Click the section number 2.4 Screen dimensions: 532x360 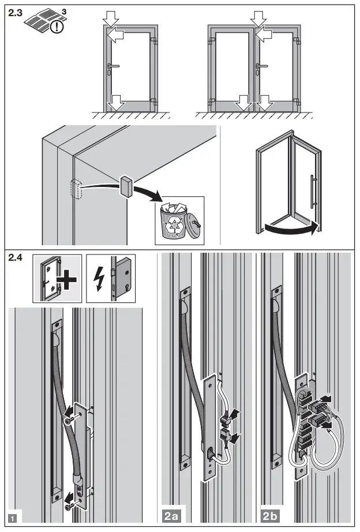[16, 259]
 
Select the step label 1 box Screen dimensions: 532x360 [13, 518]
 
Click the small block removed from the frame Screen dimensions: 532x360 [126, 186]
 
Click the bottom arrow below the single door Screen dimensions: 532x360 [117, 103]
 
